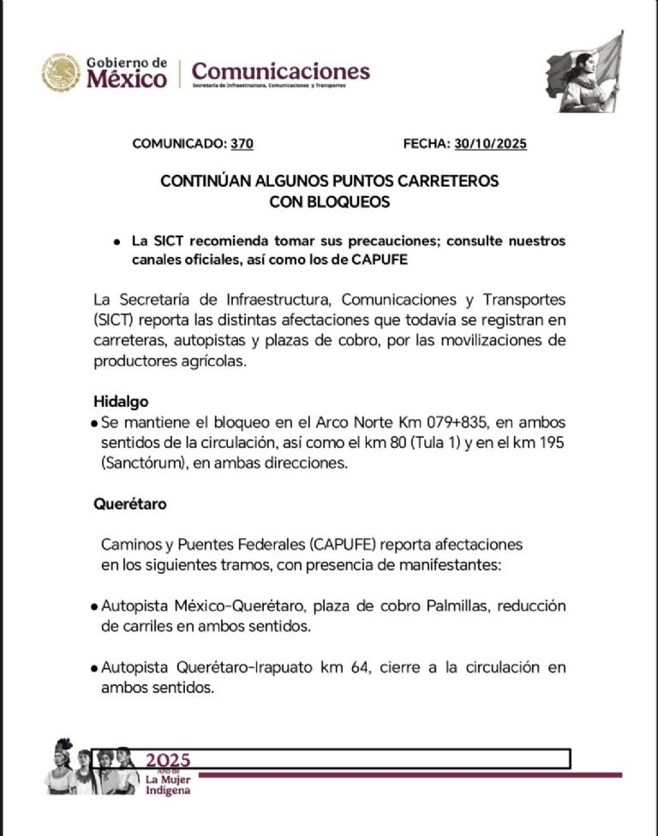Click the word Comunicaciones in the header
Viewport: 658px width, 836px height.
[281, 70]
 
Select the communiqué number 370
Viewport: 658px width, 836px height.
[242, 144]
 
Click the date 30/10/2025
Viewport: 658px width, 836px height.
[491, 144]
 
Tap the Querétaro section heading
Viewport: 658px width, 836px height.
[129, 504]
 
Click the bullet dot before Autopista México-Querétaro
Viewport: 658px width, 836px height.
[93, 607]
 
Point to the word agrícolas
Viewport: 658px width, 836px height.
[212, 361]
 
